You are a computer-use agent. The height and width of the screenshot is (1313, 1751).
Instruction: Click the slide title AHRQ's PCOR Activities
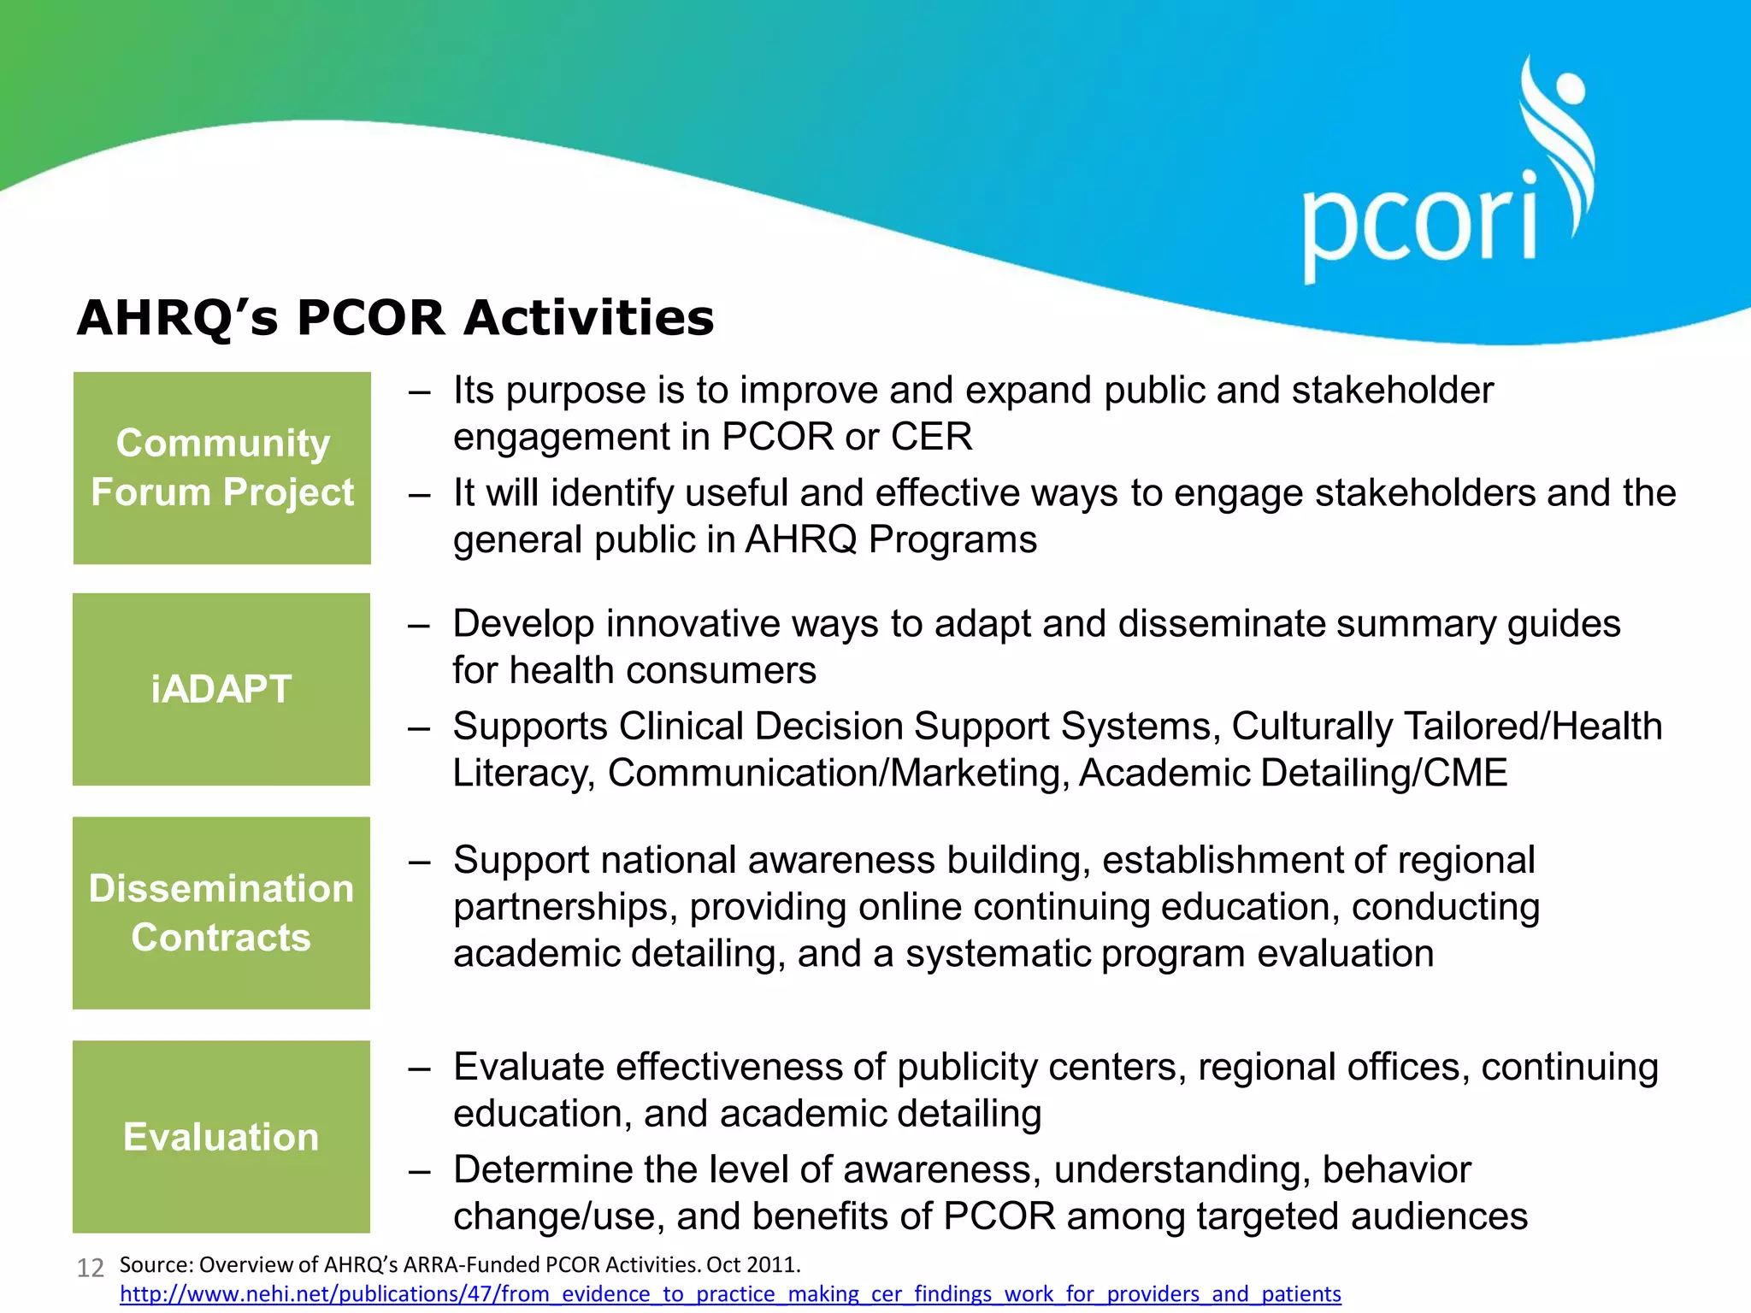395,318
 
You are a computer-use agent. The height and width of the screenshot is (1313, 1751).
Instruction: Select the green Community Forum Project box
222,468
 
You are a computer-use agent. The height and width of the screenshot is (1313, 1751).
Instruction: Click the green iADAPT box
221,689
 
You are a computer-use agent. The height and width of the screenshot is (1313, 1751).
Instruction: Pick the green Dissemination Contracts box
221,912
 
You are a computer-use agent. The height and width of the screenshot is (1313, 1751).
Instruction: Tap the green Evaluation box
221,1136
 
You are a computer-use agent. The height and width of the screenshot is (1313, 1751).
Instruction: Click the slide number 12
91,1268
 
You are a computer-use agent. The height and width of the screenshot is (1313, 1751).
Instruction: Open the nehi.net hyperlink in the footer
730,1294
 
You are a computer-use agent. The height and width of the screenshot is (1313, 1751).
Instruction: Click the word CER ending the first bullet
931,437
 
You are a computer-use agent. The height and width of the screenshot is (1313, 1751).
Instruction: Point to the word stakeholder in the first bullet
1392,391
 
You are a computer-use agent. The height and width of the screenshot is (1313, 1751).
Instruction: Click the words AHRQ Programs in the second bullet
891,540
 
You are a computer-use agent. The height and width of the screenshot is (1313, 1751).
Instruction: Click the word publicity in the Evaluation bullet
967,1068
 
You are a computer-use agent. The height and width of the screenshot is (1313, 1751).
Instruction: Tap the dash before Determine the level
419,1170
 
